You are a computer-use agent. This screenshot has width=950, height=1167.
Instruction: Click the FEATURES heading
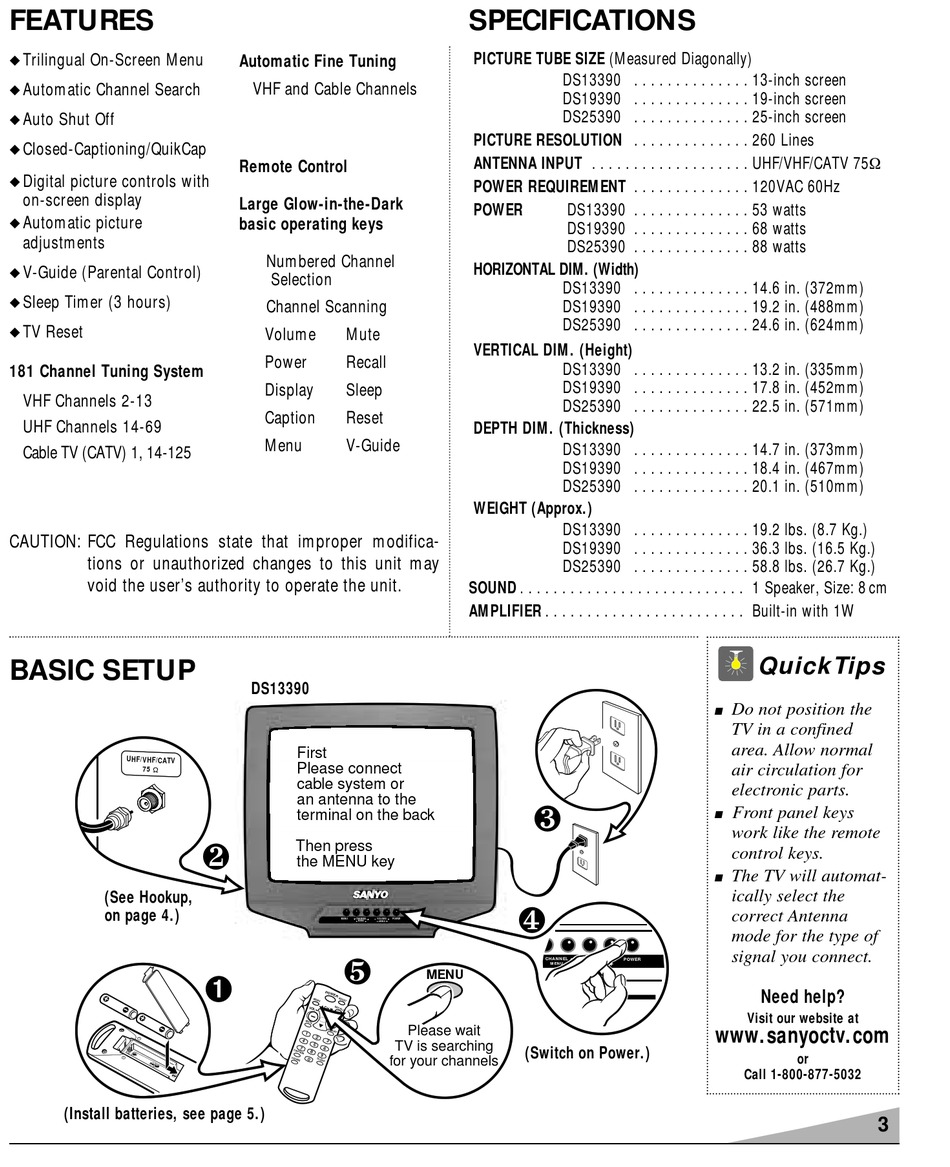click(82, 20)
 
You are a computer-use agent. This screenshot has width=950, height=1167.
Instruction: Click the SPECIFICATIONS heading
click(581, 20)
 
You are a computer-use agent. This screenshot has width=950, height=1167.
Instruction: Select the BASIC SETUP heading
click(102, 671)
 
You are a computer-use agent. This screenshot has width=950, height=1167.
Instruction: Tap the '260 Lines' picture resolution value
click(783, 141)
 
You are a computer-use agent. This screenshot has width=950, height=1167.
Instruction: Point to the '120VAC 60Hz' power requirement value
click(796, 187)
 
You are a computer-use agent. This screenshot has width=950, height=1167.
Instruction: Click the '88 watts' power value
click(778, 247)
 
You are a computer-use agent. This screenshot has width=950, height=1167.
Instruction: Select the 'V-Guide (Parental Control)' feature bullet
click(111, 272)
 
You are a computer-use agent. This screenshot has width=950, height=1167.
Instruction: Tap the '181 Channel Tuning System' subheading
click(106, 372)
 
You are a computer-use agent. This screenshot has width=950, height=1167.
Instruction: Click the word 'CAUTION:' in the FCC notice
click(45, 542)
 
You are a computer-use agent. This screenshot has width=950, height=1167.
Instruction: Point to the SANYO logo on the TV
click(370, 893)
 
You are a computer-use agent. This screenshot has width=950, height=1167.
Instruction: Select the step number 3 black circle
click(546, 819)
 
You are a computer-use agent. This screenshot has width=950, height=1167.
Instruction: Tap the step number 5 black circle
click(357, 969)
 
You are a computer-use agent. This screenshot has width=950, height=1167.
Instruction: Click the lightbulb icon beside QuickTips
click(737, 661)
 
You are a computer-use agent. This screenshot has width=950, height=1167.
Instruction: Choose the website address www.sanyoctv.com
click(802, 1036)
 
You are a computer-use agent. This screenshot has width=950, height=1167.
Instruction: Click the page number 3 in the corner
click(882, 1124)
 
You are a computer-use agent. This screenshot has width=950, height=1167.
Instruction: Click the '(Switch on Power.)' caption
click(587, 1052)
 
